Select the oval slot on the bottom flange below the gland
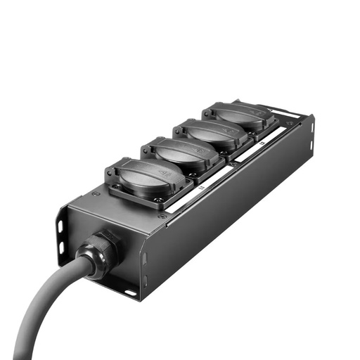pyautogui.click(x=130, y=291)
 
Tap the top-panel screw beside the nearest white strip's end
pyautogui.click(x=162, y=216)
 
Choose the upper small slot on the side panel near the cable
pyautogui.click(x=144, y=257)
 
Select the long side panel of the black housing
pyautogui.click(x=232, y=211)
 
